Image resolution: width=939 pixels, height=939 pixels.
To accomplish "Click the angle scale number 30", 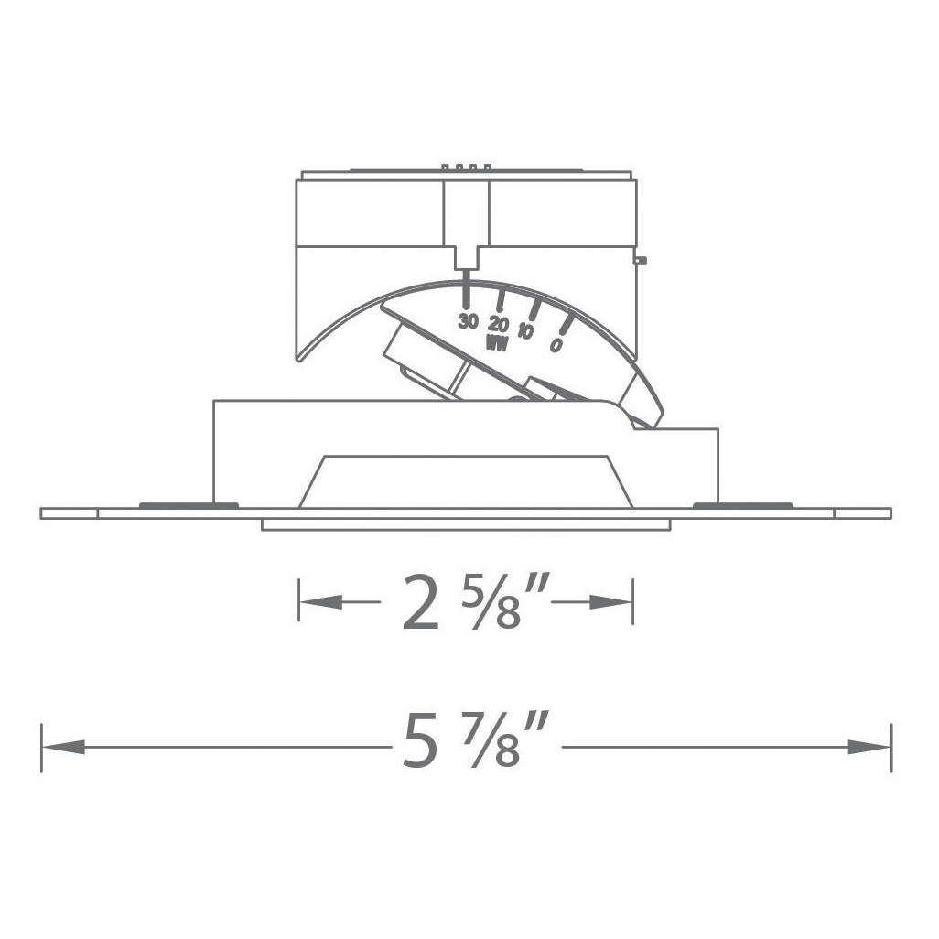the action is [469, 321].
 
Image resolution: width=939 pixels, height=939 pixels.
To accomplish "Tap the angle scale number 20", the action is [498, 324].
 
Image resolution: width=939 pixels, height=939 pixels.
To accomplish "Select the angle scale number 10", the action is [525, 330].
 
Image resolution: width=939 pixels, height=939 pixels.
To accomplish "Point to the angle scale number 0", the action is [556, 345].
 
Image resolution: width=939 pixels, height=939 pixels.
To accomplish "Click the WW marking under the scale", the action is [497, 344].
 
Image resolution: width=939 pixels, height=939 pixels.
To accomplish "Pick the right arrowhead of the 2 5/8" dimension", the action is [610, 602].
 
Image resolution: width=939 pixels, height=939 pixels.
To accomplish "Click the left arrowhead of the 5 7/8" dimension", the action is [63, 747].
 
